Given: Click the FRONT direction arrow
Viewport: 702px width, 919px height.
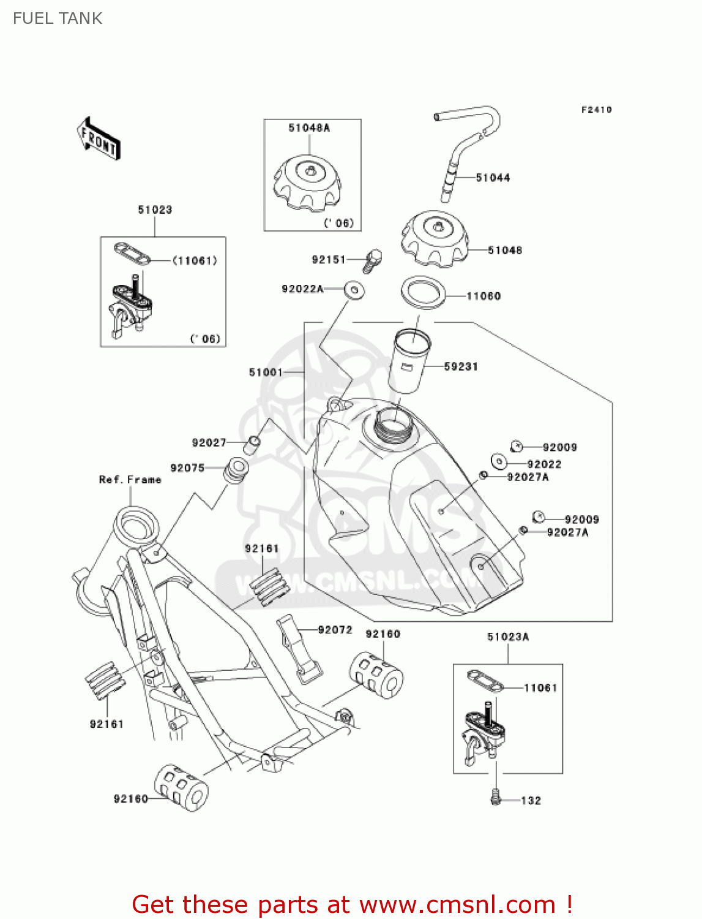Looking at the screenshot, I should [99, 139].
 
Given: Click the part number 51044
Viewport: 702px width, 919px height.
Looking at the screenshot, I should [493, 178].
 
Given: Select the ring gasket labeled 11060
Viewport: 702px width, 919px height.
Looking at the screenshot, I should [423, 292].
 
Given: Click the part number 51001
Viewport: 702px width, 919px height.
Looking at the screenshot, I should [266, 372].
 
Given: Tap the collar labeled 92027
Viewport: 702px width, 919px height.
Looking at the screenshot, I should [252, 444].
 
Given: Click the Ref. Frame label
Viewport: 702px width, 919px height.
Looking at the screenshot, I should [130, 480].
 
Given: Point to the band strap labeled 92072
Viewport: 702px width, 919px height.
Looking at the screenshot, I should [299, 649].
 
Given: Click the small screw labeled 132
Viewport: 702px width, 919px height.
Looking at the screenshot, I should [496, 798].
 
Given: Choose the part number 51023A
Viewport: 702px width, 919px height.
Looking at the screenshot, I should [508, 637].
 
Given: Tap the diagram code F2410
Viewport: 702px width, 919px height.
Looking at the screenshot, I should [596, 110].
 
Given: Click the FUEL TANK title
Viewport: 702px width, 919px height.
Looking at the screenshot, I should [58, 18].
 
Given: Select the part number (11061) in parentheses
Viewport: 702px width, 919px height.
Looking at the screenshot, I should [195, 261].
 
